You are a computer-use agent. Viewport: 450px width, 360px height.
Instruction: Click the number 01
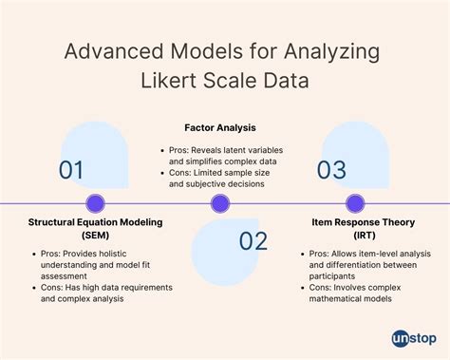coord(71,171)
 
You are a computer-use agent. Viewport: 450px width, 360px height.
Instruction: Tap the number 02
coord(253,241)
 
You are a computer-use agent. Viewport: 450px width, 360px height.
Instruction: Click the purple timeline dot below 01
coord(95,202)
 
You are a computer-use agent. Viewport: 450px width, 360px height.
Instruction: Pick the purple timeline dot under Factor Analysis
coord(219,202)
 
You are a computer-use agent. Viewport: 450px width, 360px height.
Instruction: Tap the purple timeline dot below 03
coord(355,202)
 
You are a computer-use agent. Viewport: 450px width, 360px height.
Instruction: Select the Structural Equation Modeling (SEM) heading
coord(95,228)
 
